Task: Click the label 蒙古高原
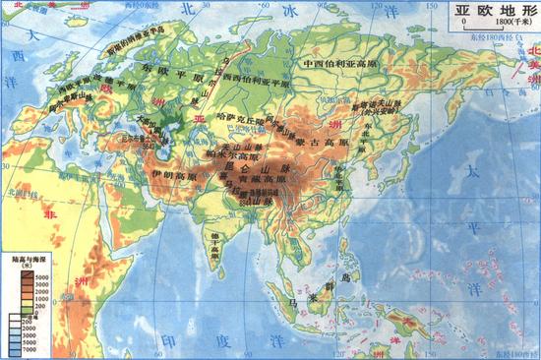[x=322, y=143]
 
